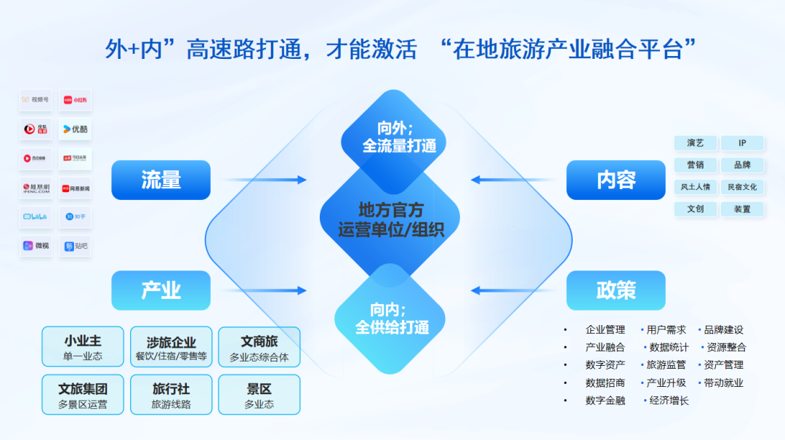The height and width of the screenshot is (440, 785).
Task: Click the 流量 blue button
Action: point(161,180)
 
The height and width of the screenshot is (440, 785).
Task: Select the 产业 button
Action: point(161,290)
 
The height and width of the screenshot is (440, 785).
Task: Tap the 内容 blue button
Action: point(616,180)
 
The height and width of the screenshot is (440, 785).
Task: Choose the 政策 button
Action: point(616,290)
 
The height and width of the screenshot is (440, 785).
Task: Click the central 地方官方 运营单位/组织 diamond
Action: point(391,220)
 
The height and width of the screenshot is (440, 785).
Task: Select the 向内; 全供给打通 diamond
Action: point(391,319)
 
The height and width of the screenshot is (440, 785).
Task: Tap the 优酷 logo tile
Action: point(76,129)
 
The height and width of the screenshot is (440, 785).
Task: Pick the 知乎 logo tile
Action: point(76,217)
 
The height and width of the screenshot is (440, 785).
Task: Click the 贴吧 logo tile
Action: point(76,246)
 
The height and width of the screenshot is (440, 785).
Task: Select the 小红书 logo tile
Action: point(76,100)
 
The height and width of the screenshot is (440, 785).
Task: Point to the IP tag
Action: point(742,143)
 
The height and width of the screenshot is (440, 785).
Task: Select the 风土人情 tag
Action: point(696,187)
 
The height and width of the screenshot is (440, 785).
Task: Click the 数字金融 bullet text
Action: point(605,401)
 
